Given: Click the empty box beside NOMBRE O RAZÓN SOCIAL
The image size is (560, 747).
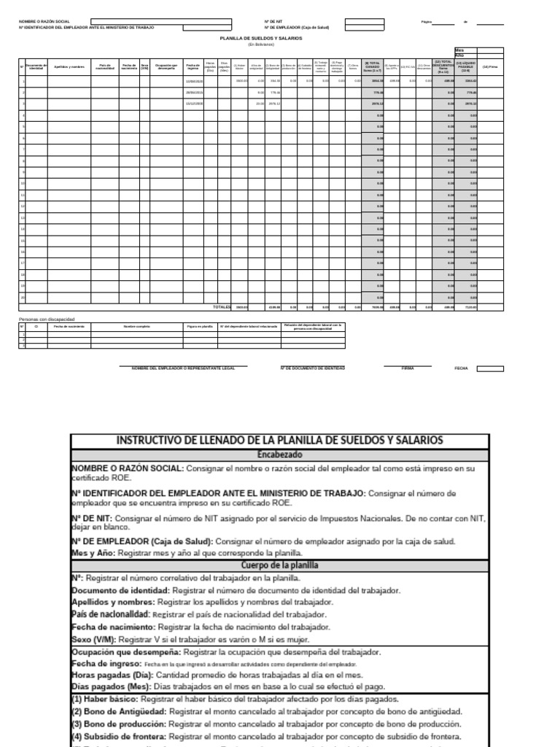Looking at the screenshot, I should tap(161, 22).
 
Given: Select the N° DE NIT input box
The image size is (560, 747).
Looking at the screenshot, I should tap(364, 22).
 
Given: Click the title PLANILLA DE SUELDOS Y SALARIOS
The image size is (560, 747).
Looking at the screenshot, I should tap(261, 37).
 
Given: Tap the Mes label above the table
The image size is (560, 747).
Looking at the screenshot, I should tap(459, 50).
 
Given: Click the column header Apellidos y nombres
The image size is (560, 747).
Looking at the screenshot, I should tap(69, 66).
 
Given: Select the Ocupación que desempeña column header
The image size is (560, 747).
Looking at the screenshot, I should tap(167, 66).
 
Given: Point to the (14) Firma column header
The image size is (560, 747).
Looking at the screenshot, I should tap(490, 66).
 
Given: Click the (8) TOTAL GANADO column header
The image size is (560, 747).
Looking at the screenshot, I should tap(373, 66).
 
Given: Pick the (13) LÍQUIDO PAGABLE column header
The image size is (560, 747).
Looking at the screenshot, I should tap(465, 66).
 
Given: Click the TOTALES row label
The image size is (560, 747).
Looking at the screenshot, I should tap(221, 306).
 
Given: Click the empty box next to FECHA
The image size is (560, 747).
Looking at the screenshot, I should tap(489, 368).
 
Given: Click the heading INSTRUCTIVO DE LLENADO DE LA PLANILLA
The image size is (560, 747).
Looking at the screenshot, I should tap(280, 440).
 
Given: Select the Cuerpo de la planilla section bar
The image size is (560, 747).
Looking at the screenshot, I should tap(280, 565).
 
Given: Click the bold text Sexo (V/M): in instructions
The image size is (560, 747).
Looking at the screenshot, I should tap(93, 638).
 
